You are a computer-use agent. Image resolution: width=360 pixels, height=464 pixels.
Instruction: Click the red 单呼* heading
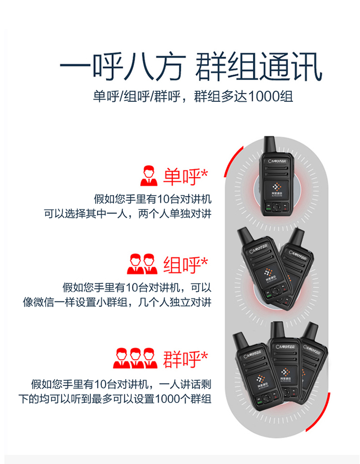click(185, 177)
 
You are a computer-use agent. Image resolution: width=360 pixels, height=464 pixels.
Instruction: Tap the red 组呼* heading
click(185, 265)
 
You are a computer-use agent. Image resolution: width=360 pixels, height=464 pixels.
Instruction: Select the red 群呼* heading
click(185, 359)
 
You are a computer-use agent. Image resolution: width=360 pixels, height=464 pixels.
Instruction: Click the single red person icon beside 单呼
click(149, 176)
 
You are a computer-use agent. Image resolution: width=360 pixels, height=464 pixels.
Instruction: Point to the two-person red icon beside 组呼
click(142, 264)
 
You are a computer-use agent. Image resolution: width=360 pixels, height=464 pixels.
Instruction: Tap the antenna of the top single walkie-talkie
click(270, 144)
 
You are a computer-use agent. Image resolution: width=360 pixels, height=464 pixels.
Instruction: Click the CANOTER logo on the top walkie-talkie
click(277, 161)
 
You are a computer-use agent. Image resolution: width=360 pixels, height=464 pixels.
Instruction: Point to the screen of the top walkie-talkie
click(277, 190)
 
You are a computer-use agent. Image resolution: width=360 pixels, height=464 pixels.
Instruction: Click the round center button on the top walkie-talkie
click(277, 207)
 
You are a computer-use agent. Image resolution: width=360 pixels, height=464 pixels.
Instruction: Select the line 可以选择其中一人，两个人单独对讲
click(128, 213)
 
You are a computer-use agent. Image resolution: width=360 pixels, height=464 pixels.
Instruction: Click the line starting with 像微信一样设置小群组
click(117, 302)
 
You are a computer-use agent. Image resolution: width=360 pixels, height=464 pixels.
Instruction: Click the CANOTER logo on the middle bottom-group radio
click(285, 346)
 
